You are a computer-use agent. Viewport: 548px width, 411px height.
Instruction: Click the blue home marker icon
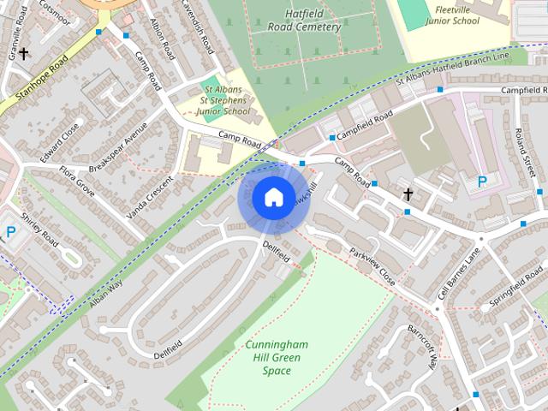point(272,198)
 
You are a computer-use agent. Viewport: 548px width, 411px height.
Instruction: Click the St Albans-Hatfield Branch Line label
point(452,68)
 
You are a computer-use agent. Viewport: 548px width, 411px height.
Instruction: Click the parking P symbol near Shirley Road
point(10,231)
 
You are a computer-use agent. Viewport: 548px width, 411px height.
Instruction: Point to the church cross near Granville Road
point(24,53)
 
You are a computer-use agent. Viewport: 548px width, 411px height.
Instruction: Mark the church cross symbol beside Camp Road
point(408,194)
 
